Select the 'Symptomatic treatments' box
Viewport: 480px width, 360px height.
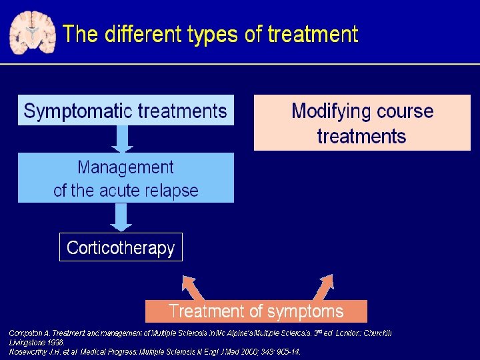pos(125,110)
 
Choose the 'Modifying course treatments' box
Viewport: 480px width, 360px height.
pos(362,123)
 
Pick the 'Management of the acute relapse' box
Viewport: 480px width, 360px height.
pos(125,178)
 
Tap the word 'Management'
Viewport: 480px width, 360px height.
pos(125,167)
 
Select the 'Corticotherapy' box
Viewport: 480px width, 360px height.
pos(121,248)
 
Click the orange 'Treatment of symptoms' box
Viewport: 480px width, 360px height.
pos(256,311)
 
